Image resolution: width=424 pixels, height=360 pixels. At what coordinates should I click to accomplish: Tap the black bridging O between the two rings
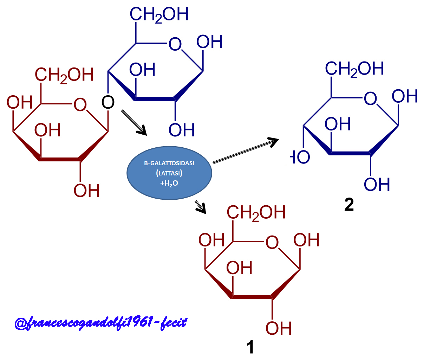tap(108, 102)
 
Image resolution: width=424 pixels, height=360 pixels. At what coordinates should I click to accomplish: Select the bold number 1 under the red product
tap(250, 347)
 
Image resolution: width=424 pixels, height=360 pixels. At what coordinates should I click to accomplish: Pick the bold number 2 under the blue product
tap(349, 205)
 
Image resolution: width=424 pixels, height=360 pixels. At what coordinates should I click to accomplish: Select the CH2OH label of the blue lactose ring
tap(159, 15)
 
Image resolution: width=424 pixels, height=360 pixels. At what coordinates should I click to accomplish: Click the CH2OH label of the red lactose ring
tap(64, 75)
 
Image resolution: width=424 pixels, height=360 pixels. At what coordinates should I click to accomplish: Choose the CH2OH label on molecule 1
tap(256, 213)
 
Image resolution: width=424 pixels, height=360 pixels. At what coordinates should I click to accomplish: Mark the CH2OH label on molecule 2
tap(354, 69)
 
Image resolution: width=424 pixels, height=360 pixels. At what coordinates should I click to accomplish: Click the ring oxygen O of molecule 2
tap(371, 99)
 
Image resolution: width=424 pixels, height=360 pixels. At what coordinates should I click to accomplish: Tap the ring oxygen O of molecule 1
tap(272, 243)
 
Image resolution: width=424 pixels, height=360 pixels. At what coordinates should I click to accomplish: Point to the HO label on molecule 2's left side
tap(301, 157)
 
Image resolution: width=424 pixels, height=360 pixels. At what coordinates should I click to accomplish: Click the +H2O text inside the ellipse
tap(169, 183)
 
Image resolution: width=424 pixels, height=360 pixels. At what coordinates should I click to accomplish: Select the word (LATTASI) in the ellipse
tap(169, 173)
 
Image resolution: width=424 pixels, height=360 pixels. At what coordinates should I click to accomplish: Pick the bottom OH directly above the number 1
tap(279, 328)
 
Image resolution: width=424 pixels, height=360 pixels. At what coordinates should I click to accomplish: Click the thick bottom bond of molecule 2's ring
tap(350, 153)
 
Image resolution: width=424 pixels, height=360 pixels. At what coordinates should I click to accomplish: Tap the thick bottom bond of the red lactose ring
tap(59, 159)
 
